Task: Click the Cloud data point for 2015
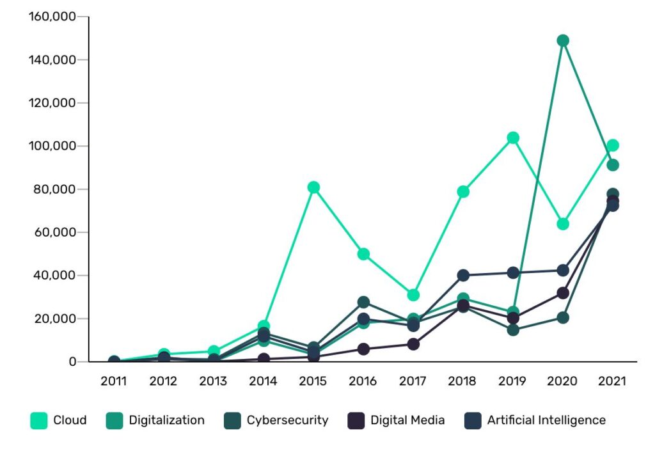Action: pyautogui.click(x=313, y=187)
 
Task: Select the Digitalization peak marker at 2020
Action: pyautogui.click(x=563, y=41)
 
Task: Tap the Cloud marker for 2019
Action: pyautogui.click(x=513, y=138)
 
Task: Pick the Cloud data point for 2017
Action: pyautogui.click(x=413, y=295)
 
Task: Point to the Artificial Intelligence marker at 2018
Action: pyautogui.click(x=463, y=276)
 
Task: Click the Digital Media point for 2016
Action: pyautogui.click(x=363, y=349)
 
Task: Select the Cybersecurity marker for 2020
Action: pyautogui.click(x=563, y=317)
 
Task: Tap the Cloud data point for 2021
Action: pyautogui.click(x=613, y=145)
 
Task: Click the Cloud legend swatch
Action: pyautogui.click(x=38, y=420)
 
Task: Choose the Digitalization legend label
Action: pyautogui.click(x=166, y=420)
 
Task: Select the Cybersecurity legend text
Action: pyautogui.click(x=287, y=420)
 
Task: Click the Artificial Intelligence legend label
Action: pyautogui.click(x=546, y=420)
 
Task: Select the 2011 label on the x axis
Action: pyautogui.click(x=114, y=381)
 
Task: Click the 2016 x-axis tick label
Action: pyautogui.click(x=363, y=381)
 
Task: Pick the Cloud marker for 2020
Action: pyautogui.click(x=563, y=224)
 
